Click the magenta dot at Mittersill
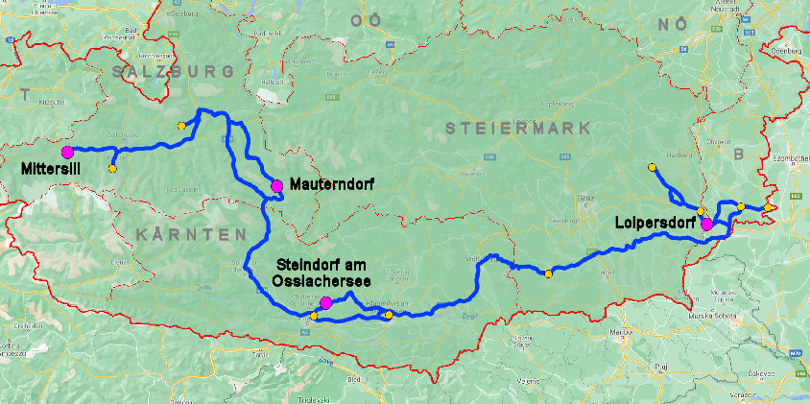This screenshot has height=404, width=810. point(67,152)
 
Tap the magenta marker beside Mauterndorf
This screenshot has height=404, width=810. point(276,185)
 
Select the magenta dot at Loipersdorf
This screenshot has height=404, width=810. point(707,225)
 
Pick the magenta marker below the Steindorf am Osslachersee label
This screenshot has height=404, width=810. point(325,303)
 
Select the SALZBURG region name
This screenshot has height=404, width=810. point(173,72)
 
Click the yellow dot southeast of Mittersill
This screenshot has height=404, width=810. point(112,169)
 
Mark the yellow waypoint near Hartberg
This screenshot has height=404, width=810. point(653,167)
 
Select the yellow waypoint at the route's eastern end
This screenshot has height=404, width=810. point(770,207)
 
